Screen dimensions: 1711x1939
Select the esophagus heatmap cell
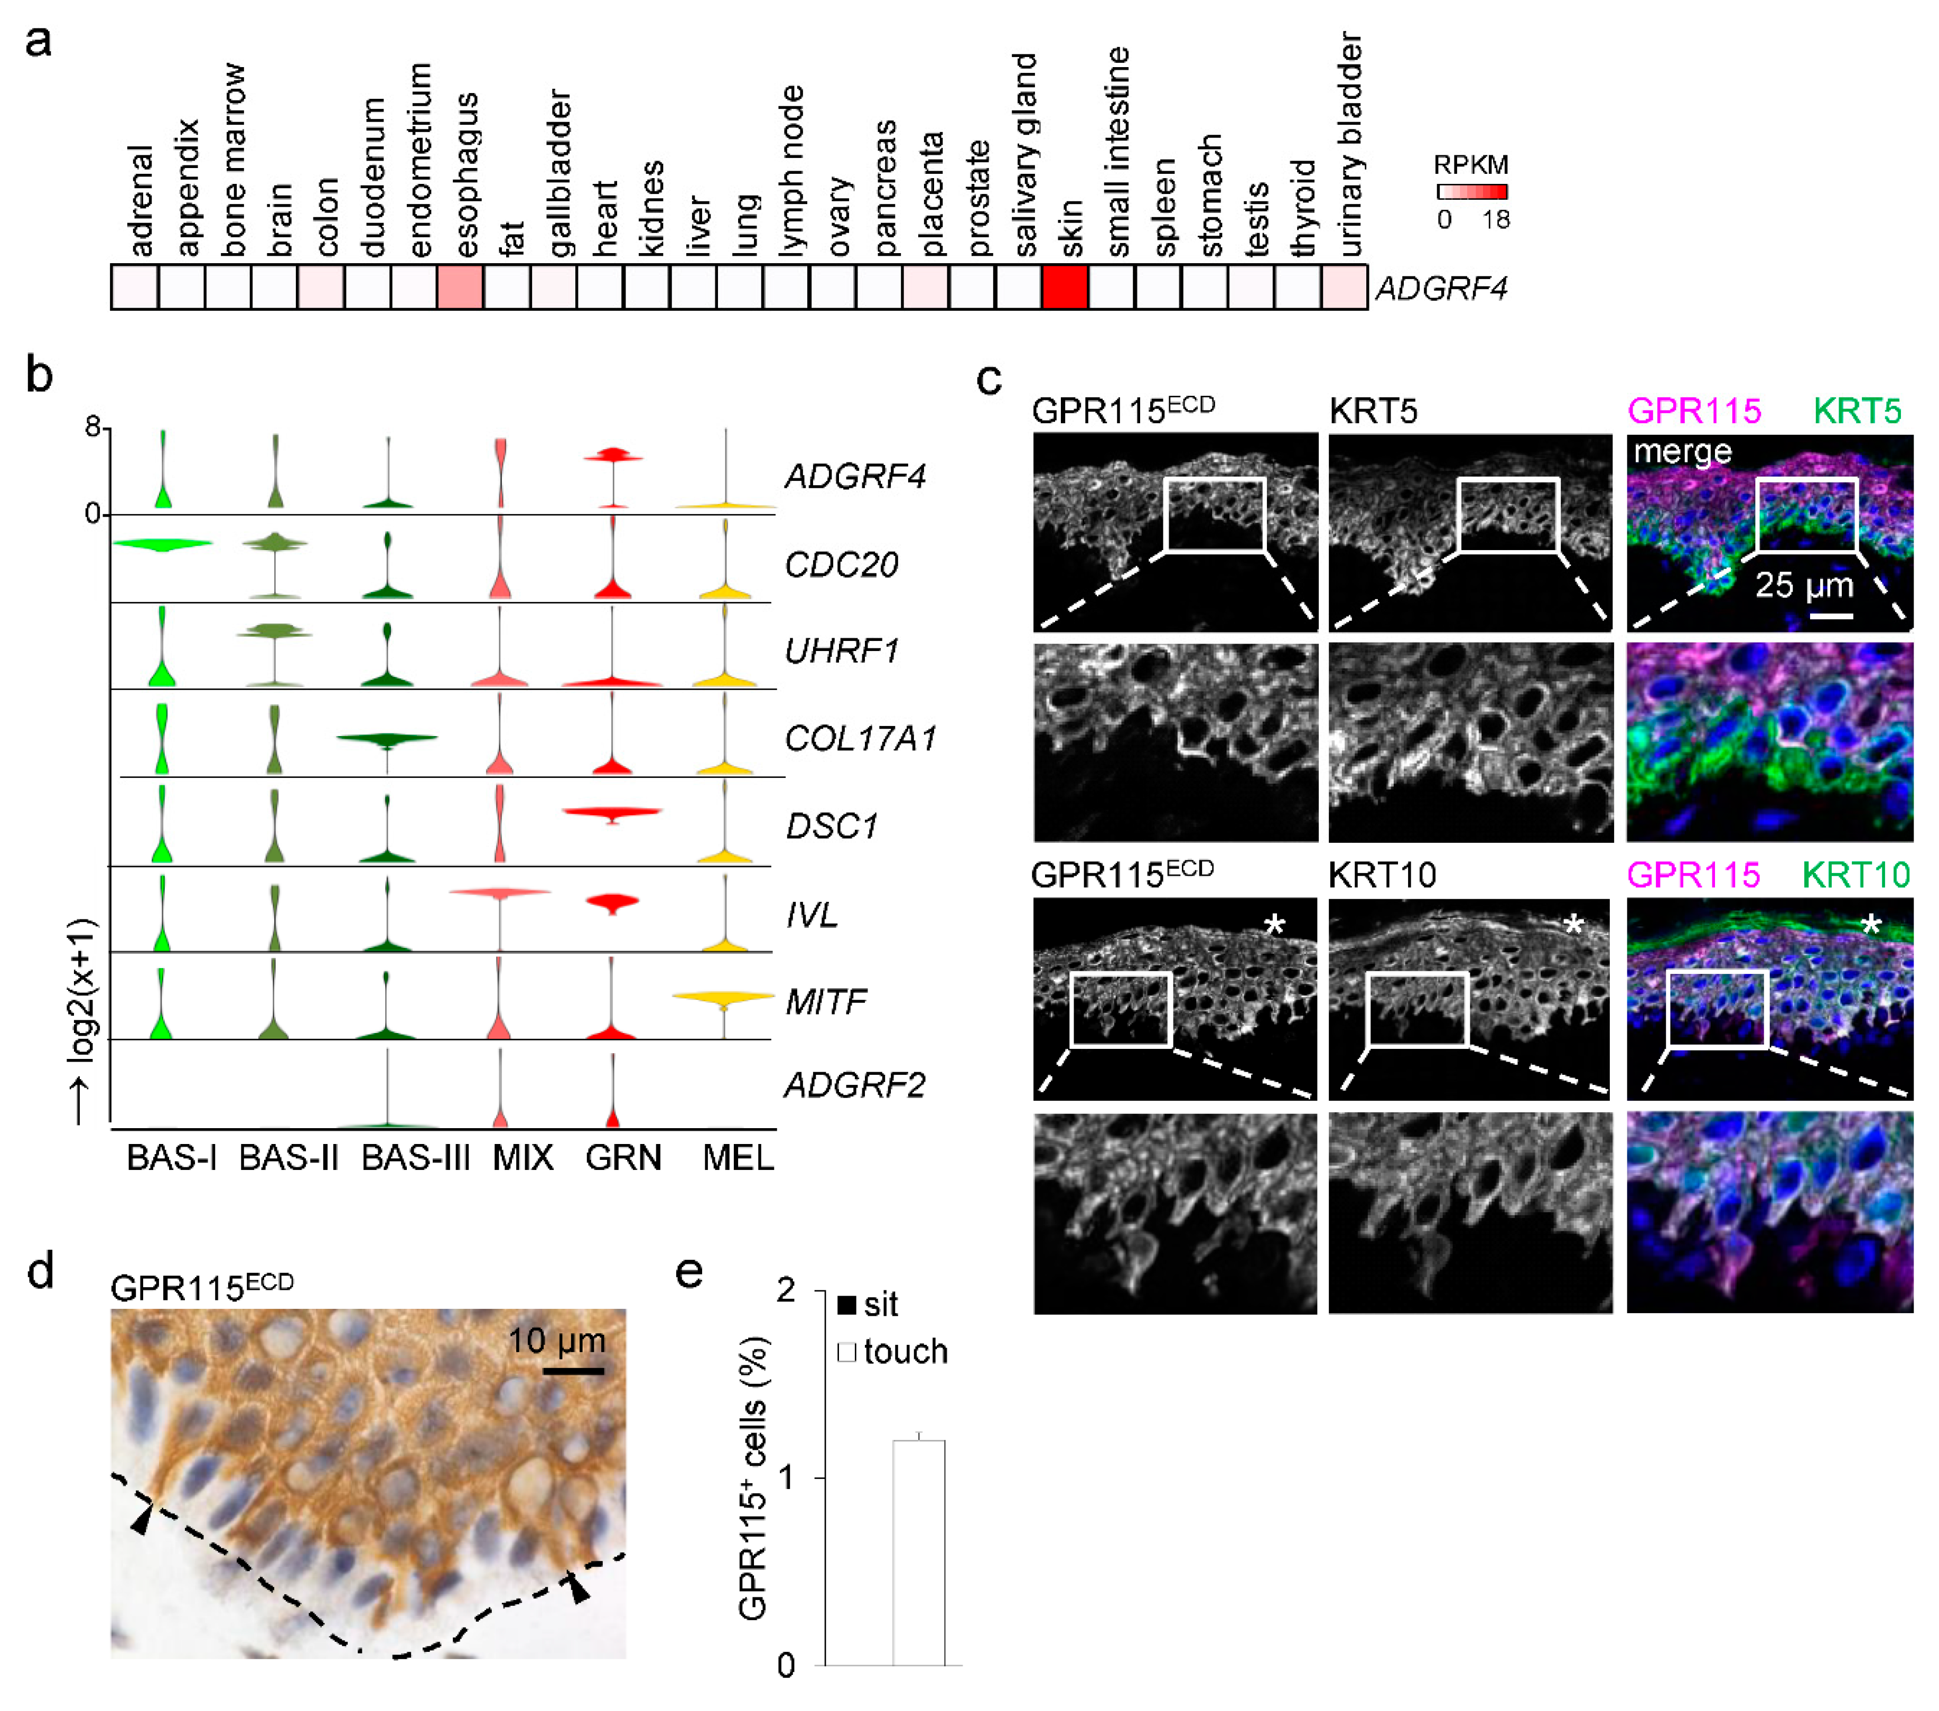tap(460, 286)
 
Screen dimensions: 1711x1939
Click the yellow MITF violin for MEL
tap(724, 997)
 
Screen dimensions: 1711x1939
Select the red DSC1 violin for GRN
tap(612, 812)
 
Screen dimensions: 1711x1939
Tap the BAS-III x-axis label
tap(415, 1159)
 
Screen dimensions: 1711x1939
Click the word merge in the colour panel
tap(1682, 452)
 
